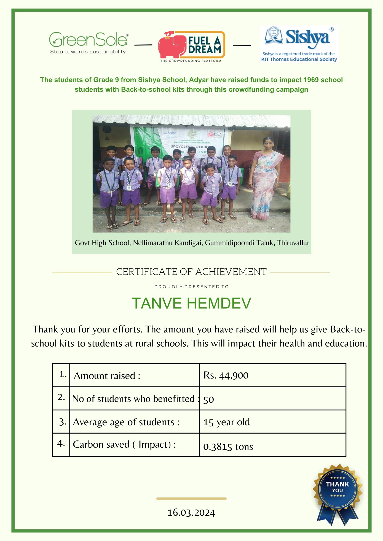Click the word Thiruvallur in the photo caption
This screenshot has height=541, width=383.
pyautogui.click(x=293, y=243)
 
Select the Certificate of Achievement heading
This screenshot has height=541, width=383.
pyautogui.click(x=191, y=272)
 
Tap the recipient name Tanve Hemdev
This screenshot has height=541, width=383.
pyautogui.click(x=191, y=303)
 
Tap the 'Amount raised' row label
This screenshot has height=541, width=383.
pyautogui.click(x=107, y=376)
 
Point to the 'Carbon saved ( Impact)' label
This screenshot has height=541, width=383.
pyautogui.click(x=124, y=444)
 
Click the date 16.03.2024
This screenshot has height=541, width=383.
pyautogui.click(x=191, y=513)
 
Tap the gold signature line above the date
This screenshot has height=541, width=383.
pyautogui.click(x=191, y=499)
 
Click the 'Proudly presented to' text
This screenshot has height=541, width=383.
pyautogui.click(x=192, y=287)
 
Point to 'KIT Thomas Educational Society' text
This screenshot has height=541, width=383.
pyautogui.click(x=299, y=59)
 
